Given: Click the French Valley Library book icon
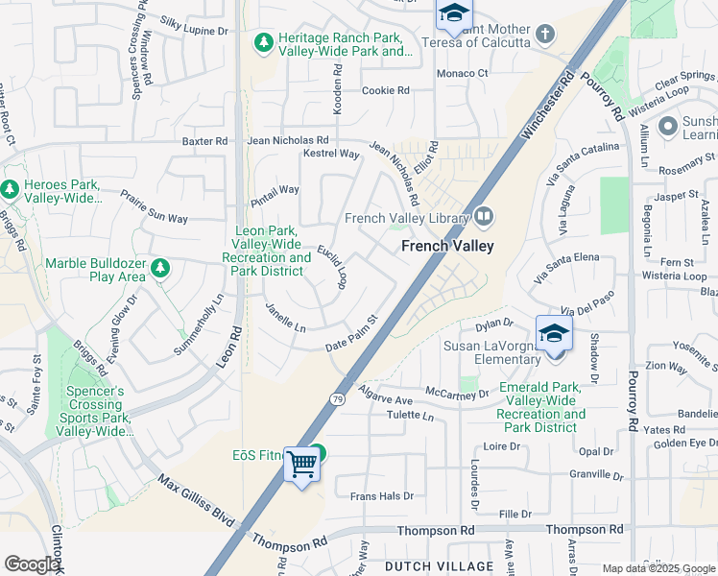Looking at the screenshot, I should [483, 217].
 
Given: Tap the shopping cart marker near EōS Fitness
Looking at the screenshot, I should [302, 465].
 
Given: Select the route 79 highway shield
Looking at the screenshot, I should [338, 398].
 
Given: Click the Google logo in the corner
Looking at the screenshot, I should [32, 564].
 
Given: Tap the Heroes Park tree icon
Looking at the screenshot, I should [11, 190].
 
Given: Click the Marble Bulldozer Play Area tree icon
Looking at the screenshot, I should [160, 268].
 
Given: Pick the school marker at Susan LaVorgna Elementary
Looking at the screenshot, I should [554, 335].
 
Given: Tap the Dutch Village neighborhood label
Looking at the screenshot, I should [439, 567].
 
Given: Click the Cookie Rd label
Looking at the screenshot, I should [386, 91].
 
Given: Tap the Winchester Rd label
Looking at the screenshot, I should [545, 108].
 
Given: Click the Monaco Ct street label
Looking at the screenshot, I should [463, 73].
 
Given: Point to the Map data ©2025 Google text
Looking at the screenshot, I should [658, 568].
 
